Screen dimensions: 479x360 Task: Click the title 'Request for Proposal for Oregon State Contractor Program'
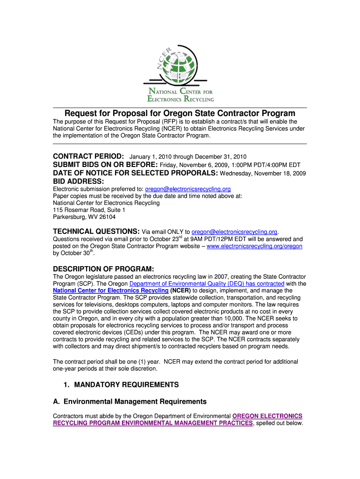point(180,114)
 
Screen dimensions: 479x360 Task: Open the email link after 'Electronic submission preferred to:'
point(188,189)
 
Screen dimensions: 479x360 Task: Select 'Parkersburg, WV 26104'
point(84,217)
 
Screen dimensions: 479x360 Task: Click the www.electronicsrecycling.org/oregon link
point(254,246)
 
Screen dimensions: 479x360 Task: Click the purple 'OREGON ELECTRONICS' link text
point(267,416)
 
